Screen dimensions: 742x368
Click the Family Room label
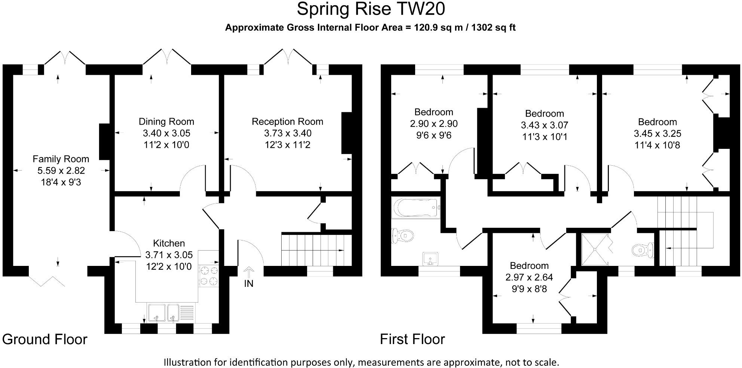pyautogui.click(x=61, y=159)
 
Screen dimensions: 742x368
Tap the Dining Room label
pyautogui.click(x=166, y=122)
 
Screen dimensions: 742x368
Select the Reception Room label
pyautogui.click(x=288, y=122)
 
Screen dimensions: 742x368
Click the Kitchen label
pyautogui.click(x=169, y=243)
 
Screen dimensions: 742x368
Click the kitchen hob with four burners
pyautogui.click(x=209, y=276)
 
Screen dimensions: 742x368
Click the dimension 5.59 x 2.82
pyautogui.click(x=61, y=171)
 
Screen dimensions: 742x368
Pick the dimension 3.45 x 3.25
pyautogui.click(x=657, y=133)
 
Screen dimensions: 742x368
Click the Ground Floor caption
pyautogui.click(x=45, y=339)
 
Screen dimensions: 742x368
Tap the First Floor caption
pyautogui.click(x=413, y=339)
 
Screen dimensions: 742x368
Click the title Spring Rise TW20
pyautogui.click(x=371, y=9)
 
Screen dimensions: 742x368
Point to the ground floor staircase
pyautogui.click(x=316, y=249)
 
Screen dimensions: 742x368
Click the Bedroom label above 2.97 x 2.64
pyautogui.click(x=529, y=266)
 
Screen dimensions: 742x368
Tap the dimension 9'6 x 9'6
pyautogui.click(x=434, y=135)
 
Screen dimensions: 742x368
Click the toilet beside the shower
pyautogui.click(x=643, y=249)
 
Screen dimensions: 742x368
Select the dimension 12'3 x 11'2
pyautogui.click(x=288, y=145)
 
